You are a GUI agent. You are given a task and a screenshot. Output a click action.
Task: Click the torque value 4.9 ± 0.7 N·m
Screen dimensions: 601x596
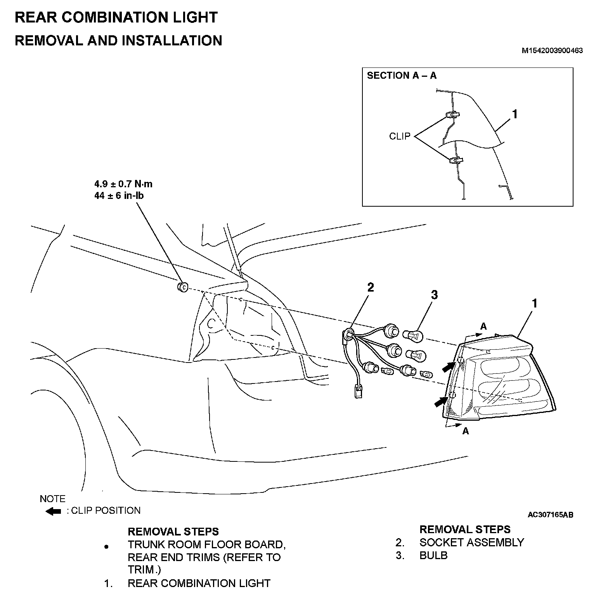123,184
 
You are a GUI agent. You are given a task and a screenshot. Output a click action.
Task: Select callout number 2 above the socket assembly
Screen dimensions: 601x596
371,287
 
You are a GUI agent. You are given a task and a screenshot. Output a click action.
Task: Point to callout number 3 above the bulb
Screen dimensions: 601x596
434,295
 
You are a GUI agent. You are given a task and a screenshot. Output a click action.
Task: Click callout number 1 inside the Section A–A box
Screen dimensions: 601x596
515,114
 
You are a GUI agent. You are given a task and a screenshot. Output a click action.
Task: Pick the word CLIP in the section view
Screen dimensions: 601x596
400,136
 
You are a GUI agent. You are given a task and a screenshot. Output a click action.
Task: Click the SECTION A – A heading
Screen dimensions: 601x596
402,76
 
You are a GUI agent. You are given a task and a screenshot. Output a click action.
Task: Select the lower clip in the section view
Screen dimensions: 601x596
455,160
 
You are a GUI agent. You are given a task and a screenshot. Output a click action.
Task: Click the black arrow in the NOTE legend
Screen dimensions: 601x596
54,511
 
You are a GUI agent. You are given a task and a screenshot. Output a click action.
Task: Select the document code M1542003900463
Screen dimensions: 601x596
552,50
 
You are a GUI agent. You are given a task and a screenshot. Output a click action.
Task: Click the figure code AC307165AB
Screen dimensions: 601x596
550,515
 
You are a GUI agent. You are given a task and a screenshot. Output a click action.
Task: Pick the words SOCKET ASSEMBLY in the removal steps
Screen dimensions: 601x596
471,542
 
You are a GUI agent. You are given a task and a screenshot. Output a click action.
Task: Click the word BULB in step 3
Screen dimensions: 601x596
433,555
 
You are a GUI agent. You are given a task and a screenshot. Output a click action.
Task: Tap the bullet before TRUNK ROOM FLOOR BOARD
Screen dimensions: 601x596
107,547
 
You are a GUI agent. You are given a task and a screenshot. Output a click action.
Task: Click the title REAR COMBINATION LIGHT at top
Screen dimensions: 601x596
116,18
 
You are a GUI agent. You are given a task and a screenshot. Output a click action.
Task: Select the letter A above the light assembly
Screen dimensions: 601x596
483,326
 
